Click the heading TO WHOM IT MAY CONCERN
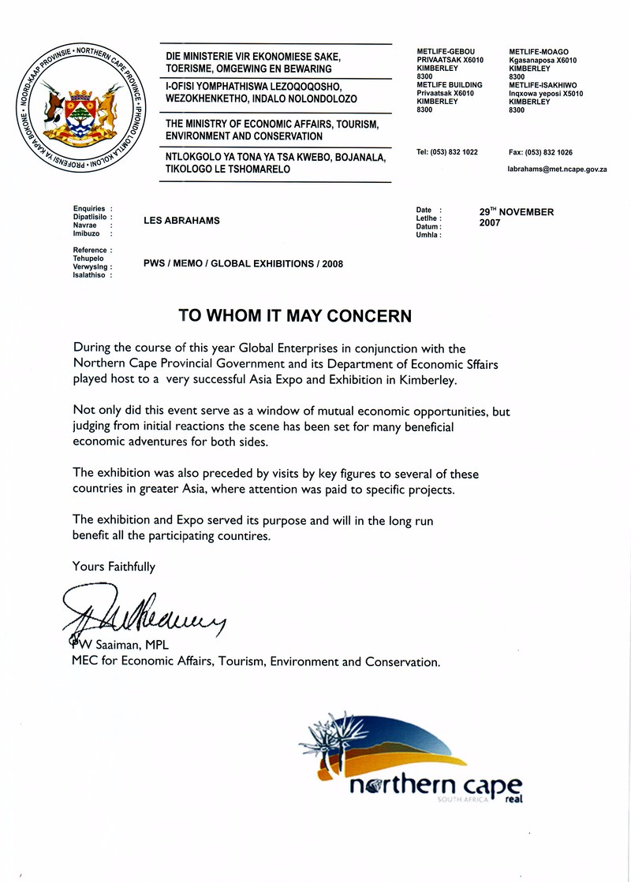295,316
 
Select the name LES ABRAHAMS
181,221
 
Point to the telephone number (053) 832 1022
446,152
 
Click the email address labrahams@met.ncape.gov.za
556,169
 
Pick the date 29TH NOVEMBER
517,212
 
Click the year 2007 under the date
490,223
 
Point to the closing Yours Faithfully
114,566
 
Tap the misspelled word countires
241,536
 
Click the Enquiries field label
88,209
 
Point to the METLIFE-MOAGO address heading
539,52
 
